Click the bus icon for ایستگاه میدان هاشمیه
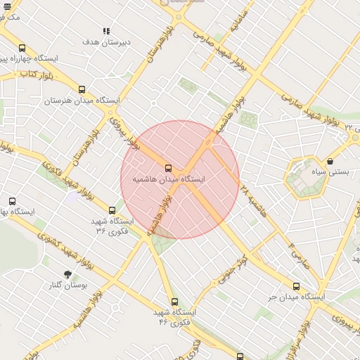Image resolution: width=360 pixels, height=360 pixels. [167, 168]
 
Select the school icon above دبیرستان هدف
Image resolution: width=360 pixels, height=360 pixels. [106, 31]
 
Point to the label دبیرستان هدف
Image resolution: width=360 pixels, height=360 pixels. [106, 42]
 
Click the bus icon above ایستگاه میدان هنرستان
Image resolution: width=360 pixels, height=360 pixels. [82, 89]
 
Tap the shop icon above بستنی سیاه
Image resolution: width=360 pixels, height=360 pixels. [330, 161]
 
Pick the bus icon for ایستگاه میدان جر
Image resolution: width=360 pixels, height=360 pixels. [296, 286]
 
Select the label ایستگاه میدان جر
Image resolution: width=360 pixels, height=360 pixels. [296, 297]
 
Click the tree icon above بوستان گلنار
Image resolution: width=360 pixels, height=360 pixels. [67, 274]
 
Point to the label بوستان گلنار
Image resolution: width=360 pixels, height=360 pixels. [67, 285]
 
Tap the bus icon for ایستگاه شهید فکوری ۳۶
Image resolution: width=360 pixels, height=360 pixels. [112, 210]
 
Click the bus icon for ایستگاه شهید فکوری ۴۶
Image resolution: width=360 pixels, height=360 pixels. [175, 302]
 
